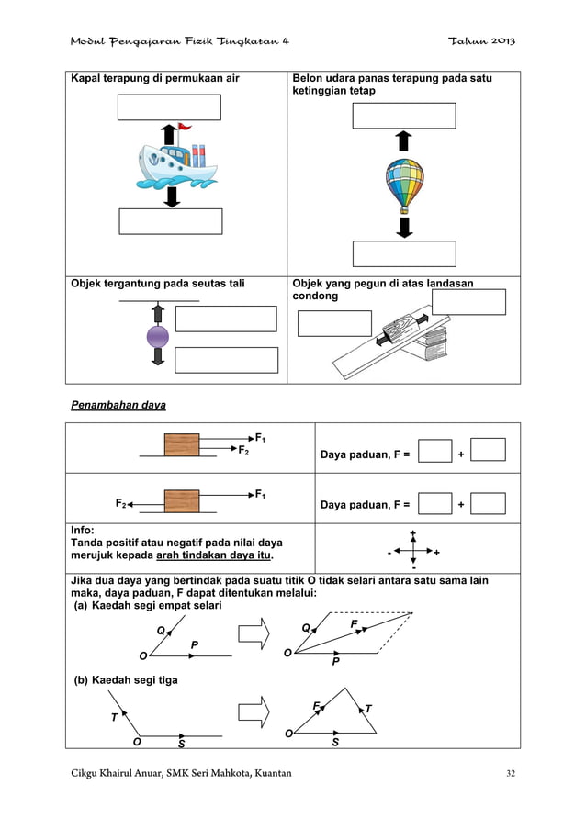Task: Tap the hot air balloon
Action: tap(404, 184)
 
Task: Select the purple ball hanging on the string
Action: tap(158, 336)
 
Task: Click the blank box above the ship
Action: tap(169, 107)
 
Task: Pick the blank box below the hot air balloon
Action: tap(404, 253)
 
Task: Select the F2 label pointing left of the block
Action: tap(121, 503)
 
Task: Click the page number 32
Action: tap(511, 773)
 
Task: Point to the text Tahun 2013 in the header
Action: tap(480, 41)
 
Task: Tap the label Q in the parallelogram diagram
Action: tap(307, 628)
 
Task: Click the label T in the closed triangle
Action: tap(367, 708)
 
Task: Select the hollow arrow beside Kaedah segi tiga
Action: tap(254, 710)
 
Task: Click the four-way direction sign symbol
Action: tap(413, 552)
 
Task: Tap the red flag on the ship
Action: tap(185, 128)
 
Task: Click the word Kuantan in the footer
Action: tap(266, 773)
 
